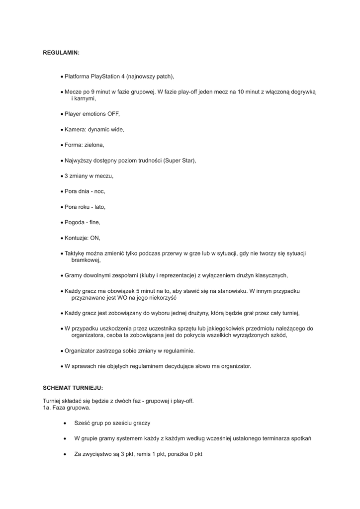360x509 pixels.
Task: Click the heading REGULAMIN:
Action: coord(61,52)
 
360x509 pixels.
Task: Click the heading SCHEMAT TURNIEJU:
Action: coord(73,387)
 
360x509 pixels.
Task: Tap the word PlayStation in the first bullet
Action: coord(106,77)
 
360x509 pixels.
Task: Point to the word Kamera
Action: coord(74,129)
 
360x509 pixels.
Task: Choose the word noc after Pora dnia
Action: coord(99,191)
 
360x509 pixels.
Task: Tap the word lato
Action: coord(100,207)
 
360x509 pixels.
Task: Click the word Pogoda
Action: coord(75,222)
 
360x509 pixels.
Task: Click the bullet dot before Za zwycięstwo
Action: coord(65,454)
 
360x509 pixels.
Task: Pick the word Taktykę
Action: coord(76,254)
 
